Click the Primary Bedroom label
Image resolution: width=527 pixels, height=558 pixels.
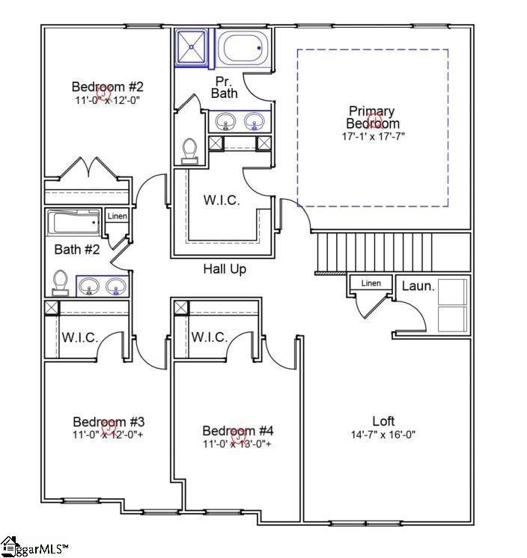click(x=372, y=117)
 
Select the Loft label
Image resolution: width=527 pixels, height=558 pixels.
click(x=383, y=421)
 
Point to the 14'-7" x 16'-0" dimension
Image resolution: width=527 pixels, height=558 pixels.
click(x=383, y=435)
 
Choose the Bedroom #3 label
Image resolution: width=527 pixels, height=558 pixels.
click(x=108, y=421)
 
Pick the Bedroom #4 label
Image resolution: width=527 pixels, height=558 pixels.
click(x=238, y=431)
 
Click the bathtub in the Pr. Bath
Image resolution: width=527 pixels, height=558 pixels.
click(x=242, y=48)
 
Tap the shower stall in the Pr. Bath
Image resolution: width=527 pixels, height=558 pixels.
click(x=194, y=47)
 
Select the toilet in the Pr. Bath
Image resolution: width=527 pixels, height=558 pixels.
click(x=190, y=150)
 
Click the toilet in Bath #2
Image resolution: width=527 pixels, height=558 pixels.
click(x=60, y=282)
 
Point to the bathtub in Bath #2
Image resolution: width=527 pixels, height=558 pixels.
click(x=73, y=223)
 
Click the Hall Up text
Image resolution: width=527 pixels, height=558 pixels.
click(x=225, y=269)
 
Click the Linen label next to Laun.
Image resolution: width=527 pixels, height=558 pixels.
click(x=371, y=283)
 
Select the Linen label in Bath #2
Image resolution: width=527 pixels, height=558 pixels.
click(x=118, y=216)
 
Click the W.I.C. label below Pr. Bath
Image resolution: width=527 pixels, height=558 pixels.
click(x=222, y=200)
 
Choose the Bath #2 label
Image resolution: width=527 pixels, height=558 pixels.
click(x=77, y=249)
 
